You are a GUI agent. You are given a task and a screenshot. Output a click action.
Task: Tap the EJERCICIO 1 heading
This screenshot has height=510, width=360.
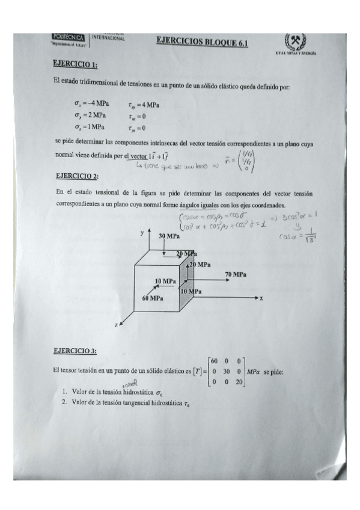click(x=75, y=64)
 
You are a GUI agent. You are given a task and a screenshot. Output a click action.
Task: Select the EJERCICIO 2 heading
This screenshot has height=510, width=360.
click(x=76, y=176)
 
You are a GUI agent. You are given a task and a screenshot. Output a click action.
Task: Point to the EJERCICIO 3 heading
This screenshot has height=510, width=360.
click(x=75, y=350)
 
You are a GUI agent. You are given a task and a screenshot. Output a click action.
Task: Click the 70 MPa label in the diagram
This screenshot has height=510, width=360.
click(x=235, y=274)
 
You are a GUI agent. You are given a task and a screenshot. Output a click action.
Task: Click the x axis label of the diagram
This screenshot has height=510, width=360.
click(x=262, y=298)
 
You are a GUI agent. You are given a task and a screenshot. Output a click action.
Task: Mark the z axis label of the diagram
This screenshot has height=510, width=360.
click(x=115, y=325)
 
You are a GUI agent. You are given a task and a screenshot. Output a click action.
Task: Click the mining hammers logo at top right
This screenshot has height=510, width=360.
click(x=295, y=42)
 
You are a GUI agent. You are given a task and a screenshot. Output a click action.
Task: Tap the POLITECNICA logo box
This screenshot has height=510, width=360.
click(x=71, y=38)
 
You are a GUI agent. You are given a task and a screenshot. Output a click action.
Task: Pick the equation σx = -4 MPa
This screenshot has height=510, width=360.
click(x=90, y=103)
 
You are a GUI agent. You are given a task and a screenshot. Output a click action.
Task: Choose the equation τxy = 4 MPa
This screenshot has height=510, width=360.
click(x=142, y=104)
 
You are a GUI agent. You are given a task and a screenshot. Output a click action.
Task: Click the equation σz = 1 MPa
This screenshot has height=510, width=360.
click(x=90, y=127)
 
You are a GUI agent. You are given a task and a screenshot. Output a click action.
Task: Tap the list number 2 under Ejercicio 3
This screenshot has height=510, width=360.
click(x=64, y=404)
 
